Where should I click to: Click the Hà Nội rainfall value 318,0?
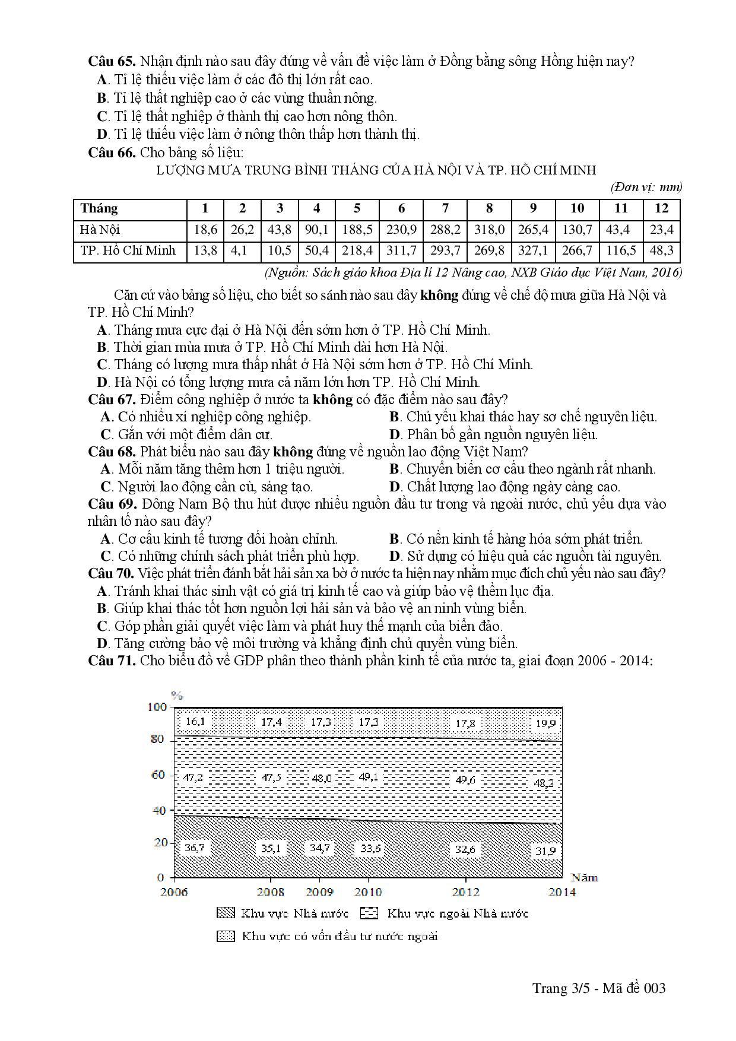(489, 230)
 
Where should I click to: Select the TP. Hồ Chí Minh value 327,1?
(533, 250)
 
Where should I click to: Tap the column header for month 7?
(445, 208)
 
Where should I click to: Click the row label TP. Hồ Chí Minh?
(128, 250)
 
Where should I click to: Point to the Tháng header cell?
(100, 208)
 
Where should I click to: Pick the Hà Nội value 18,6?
(205, 230)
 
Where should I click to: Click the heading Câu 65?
(112, 62)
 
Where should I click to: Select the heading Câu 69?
(112, 504)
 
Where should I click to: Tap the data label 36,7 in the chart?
(194, 847)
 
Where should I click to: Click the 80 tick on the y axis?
(157, 740)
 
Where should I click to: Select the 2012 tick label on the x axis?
(466, 892)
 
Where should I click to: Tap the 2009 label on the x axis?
(319, 892)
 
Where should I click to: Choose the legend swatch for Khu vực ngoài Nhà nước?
(369, 913)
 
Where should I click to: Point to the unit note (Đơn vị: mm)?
(646, 188)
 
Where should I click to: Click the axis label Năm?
(584, 877)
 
